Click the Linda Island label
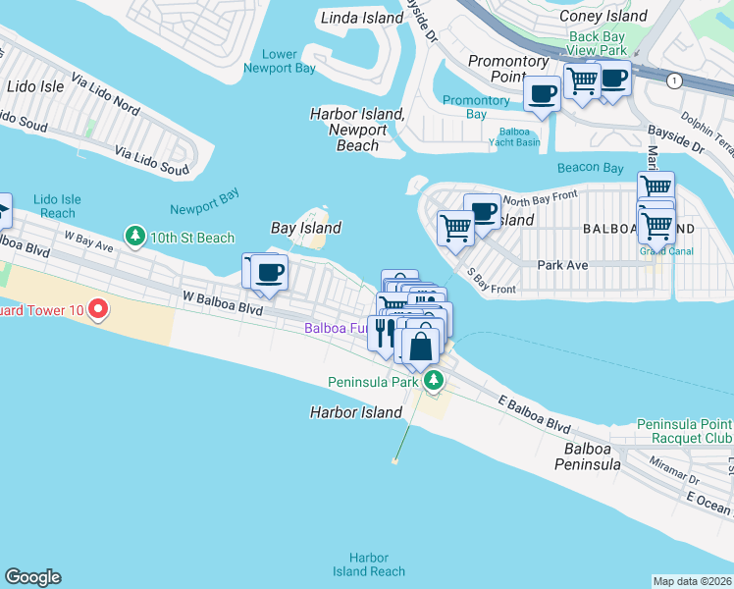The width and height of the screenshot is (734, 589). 362,18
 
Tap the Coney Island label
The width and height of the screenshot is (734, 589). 603,16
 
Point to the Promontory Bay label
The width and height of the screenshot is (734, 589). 476,107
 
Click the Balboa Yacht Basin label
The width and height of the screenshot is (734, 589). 514,135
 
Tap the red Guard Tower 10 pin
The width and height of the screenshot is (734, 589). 97,311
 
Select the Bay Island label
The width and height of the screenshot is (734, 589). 305,228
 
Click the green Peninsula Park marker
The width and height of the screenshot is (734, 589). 433,381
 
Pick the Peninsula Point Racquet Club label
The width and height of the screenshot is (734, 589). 684,431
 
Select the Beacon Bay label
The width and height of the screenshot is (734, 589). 590,168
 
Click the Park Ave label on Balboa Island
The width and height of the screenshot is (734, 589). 562,265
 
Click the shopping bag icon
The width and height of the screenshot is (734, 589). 420,345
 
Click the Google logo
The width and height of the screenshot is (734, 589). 32,577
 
